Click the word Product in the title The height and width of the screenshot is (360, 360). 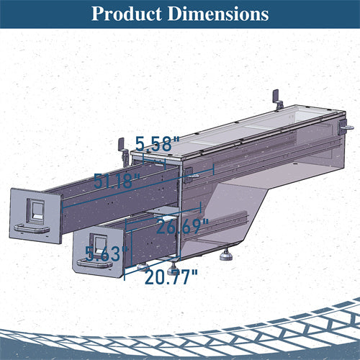[127, 14]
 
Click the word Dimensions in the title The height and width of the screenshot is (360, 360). [218, 14]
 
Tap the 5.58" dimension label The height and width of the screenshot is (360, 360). [158, 144]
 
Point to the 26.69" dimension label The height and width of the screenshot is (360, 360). [182, 226]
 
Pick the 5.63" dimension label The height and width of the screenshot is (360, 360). [107, 253]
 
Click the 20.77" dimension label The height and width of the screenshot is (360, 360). [171, 277]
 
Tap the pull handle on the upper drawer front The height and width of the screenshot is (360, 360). [32, 229]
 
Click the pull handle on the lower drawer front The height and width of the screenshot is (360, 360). [94, 264]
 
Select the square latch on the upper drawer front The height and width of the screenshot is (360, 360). [35, 211]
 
